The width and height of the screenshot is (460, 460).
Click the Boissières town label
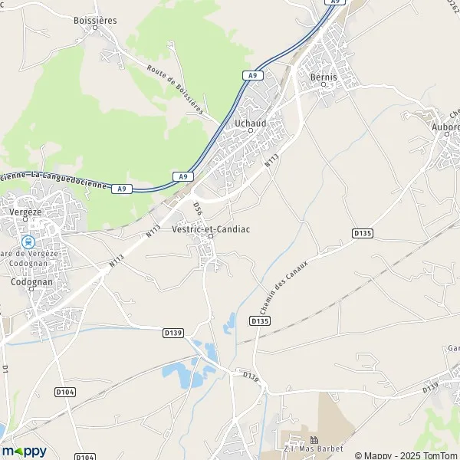(95, 20)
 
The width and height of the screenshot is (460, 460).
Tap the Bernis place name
(324, 77)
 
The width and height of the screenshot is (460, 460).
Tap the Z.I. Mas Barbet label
(313, 449)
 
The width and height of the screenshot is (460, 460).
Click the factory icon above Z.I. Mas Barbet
(313, 439)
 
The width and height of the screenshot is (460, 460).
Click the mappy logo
(24, 452)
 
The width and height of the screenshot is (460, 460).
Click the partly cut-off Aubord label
(445, 127)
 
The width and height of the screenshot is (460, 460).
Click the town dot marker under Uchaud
(250, 130)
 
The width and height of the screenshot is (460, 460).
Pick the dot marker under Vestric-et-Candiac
(209, 236)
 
